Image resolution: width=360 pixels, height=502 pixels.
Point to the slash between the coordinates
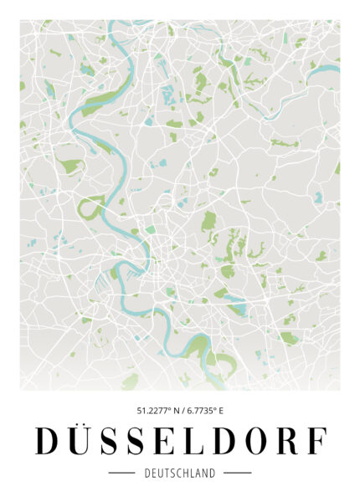[x=186, y=411]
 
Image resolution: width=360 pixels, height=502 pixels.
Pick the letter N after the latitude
[x=177, y=411]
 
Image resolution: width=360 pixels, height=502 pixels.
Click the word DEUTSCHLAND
[x=180, y=473]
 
